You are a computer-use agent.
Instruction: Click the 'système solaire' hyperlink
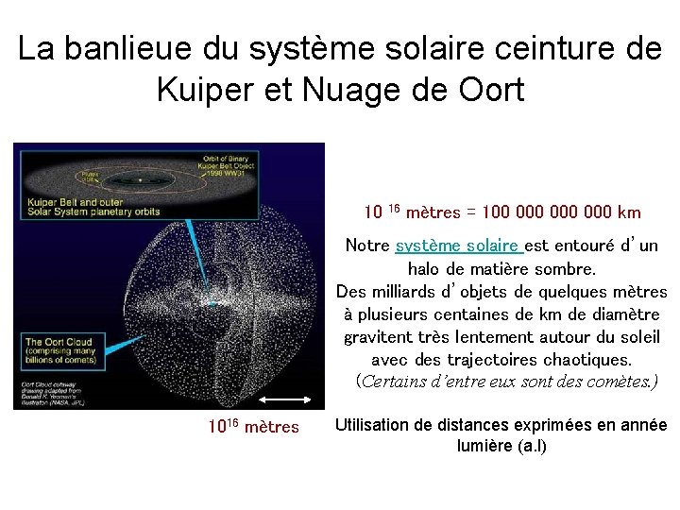pyautogui.click(x=458, y=246)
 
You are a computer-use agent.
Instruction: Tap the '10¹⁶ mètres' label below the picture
pyautogui.click(x=253, y=428)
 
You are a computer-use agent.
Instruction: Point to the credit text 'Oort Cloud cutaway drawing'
pyautogui.click(x=56, y=389)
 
